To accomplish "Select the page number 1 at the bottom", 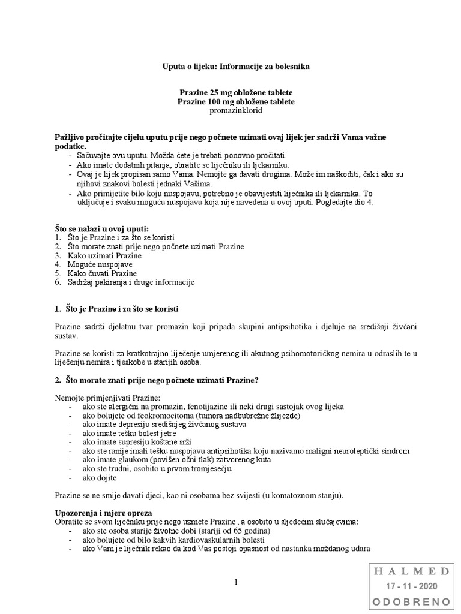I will (x=237, y=582).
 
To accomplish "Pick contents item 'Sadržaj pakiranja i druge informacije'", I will (x=131, y=282).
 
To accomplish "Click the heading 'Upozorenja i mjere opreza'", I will (x=103, y=513).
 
